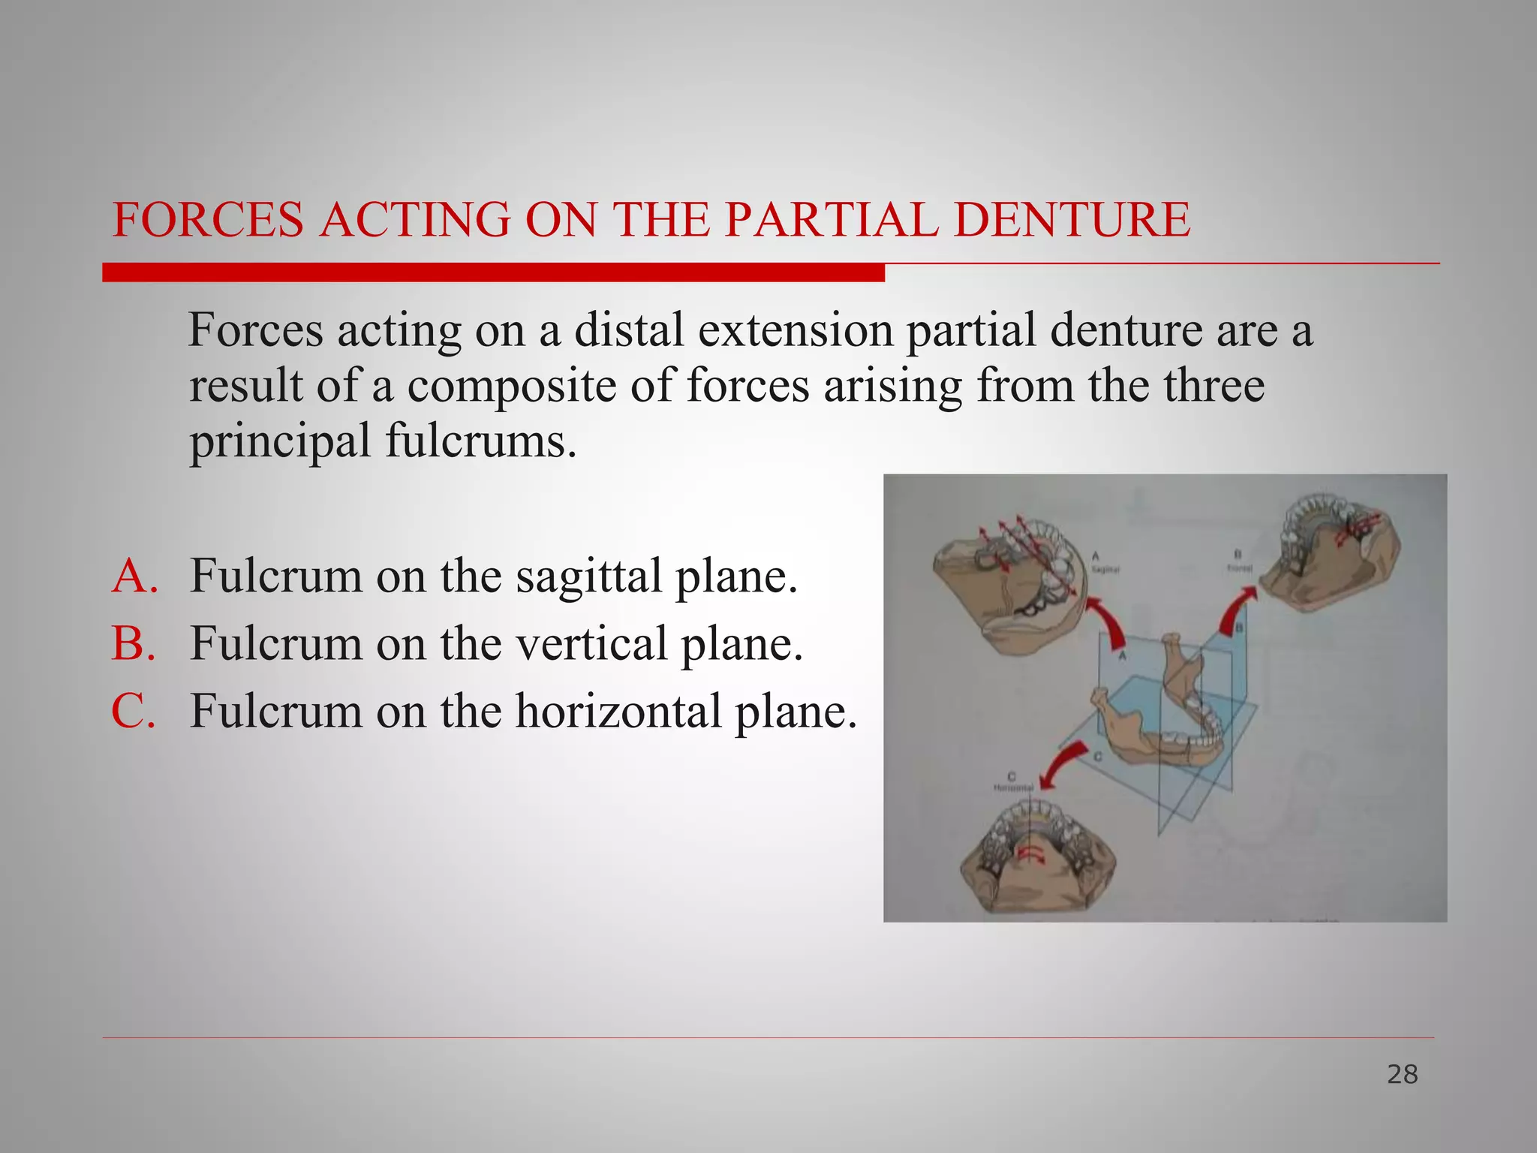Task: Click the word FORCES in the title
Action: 208,220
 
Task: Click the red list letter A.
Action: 134,576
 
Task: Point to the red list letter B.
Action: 134,643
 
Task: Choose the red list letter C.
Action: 134,711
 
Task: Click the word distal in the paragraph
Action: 629,330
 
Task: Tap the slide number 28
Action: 1402,1075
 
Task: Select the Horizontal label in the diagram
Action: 1013,787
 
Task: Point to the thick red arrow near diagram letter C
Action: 1066,762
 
